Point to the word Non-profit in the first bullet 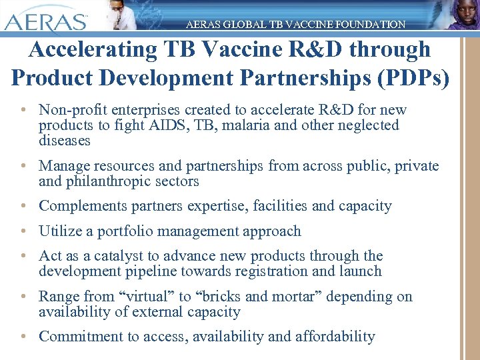(70, 109)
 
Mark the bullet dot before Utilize (23, 231)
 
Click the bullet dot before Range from (23, 297)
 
